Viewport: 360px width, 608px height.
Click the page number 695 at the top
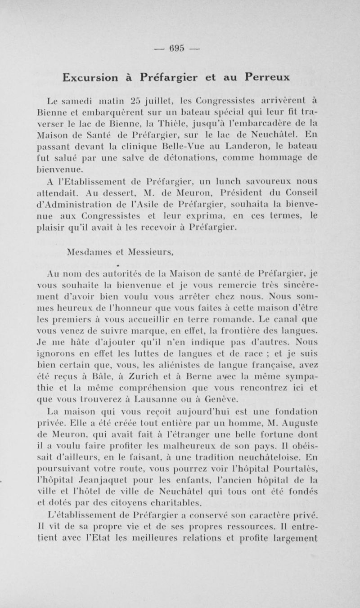pyautogui.click(x=180, y=49)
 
